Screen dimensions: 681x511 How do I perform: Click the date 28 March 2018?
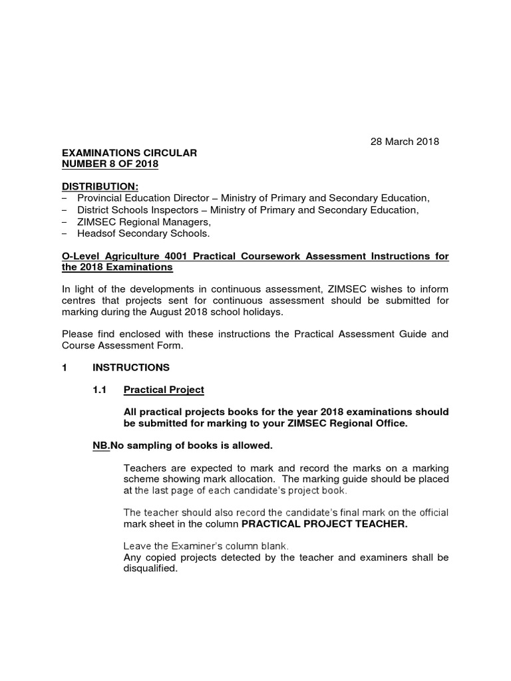(x=405, y=142)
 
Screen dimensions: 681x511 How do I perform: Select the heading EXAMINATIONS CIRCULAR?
(x=129, y=153)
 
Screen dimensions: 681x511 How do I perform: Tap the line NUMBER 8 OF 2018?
(x=110, y=164)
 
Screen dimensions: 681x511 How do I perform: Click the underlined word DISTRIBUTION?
(x=100, y=187)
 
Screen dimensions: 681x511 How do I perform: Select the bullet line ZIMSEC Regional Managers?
(x=144, y=222)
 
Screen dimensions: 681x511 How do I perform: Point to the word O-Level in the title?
(x=81, y=256)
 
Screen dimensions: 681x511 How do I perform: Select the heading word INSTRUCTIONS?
(x=131, y=367)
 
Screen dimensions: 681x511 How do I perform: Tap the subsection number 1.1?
(x=100, y=390)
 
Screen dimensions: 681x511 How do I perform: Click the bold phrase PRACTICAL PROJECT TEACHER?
(x=324, y=524)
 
